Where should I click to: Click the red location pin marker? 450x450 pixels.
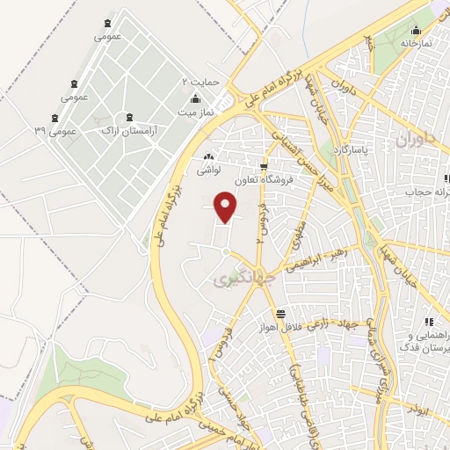pyautogui.click(x=227, y=207)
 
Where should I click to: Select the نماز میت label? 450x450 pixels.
pyautogui.click(x=195, y=112)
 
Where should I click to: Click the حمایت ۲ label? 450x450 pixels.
pyautogui.click(x=199, y=81)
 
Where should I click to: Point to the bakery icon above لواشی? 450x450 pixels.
pyautogui.click(x=208, y=157)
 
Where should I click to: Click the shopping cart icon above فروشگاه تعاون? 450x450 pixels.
pyautogui.click(x=262, y=167)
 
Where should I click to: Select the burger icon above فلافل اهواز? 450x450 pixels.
pyautogui.click(x=279, y=314)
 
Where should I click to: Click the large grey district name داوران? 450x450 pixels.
pyautogui.click(x=415, y=140)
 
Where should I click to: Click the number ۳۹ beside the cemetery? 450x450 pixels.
pyautogui.click(x=40, y=130)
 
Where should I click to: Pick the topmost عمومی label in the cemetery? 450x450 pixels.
pyautogui.click(x=107, y=38)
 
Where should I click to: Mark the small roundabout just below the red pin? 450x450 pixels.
pyautogui.click(x=226, y=253)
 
